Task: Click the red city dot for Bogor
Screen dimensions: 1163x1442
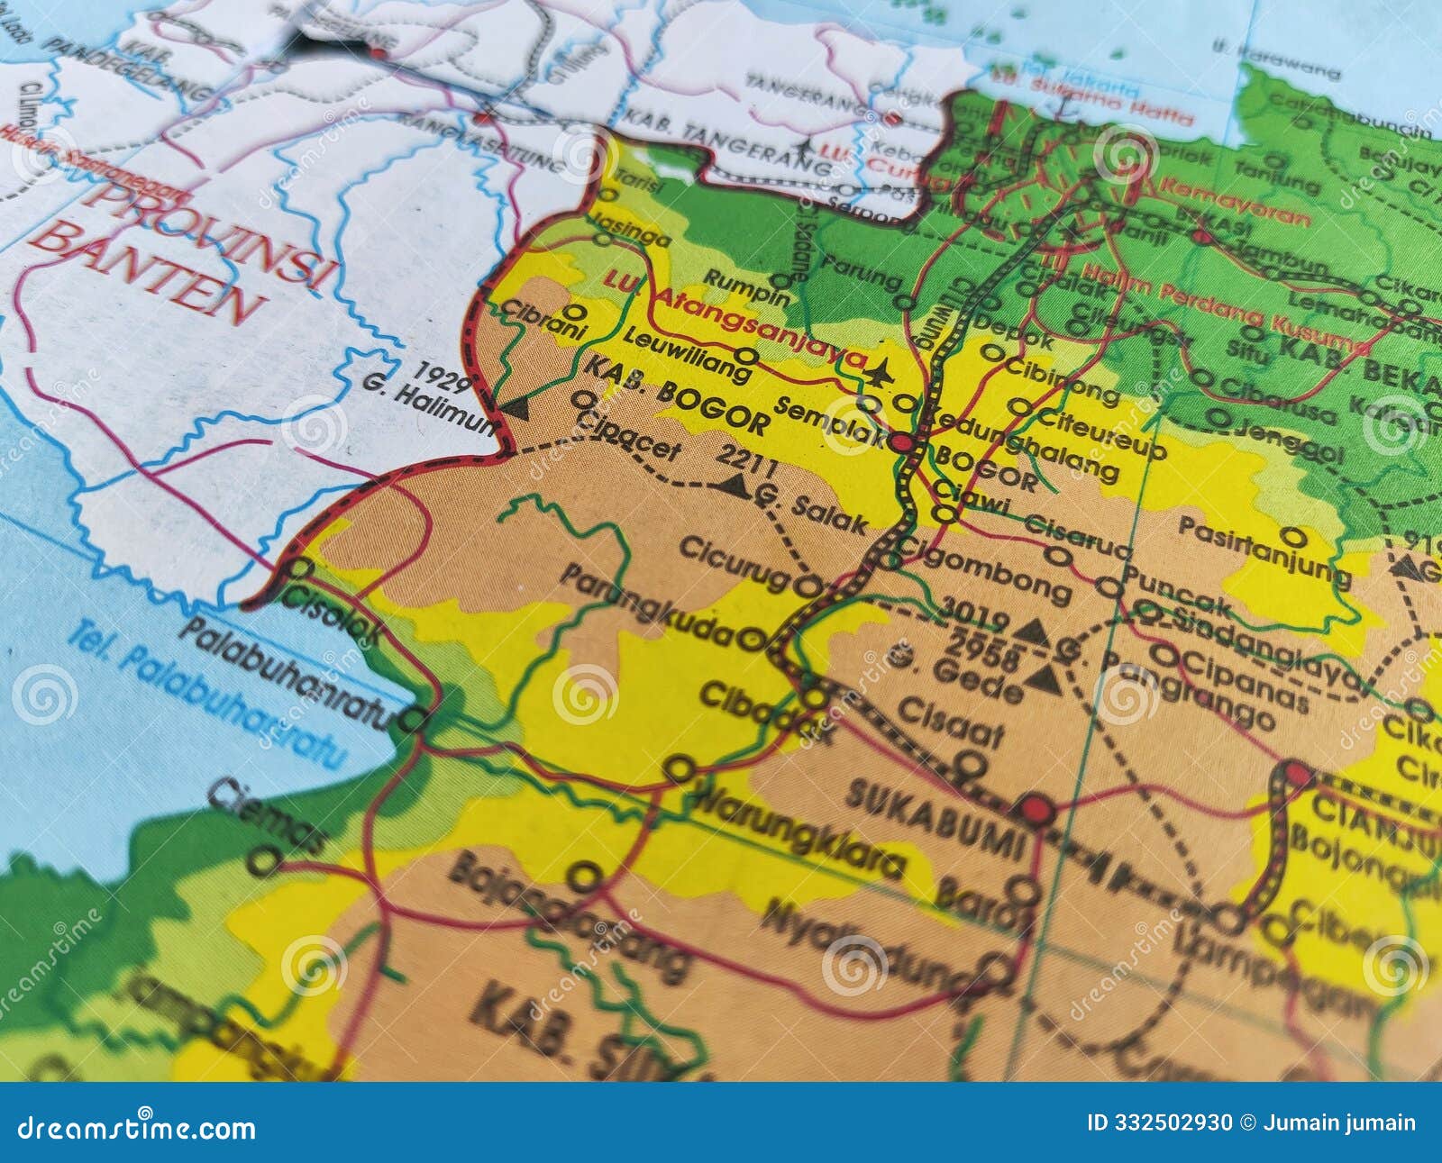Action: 901,442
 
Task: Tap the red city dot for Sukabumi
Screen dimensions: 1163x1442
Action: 1036,809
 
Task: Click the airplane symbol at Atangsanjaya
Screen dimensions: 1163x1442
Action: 880,370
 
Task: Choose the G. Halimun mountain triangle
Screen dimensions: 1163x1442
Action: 515,410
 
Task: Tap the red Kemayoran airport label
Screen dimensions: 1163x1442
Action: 1235,203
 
